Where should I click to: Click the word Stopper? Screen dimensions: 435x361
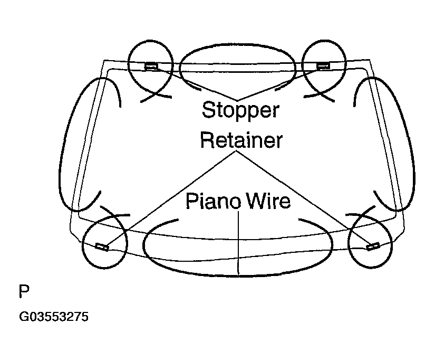(x=240, y=110)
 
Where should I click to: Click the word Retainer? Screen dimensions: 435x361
(x=241, y=140)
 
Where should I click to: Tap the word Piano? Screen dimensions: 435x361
(x=213, y=201)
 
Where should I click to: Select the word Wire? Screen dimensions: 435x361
(x=269, y=201)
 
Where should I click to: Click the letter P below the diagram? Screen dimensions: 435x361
(x=24, y=291)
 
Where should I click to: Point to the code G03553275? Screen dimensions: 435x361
(x=54, y=317)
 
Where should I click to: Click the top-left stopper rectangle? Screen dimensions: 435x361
(x=151, y=66)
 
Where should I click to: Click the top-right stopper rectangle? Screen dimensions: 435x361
(x=323, y=66)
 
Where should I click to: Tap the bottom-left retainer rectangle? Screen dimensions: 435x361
(x=102, y=246)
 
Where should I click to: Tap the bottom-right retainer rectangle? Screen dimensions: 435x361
(x=373, y=246)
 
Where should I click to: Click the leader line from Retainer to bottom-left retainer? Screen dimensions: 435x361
(x=172, y=199)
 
